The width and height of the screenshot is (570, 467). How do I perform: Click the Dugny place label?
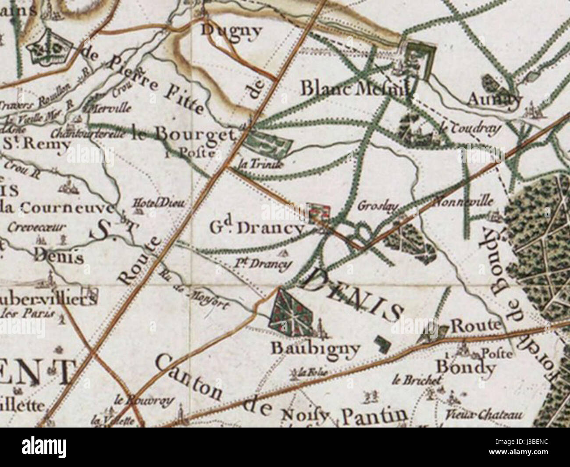pyautogui.click(x=231, y=30)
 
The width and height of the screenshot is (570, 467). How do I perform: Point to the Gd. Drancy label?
pyautogui.click(x=256, y=228)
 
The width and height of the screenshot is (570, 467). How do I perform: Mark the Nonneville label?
pyautogui.click(x=463, y=202)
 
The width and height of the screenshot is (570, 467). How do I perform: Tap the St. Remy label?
pyautogui.click(x=36, y=144)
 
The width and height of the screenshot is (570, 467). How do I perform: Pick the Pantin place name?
pyautogui.click(x=374, y=414)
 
